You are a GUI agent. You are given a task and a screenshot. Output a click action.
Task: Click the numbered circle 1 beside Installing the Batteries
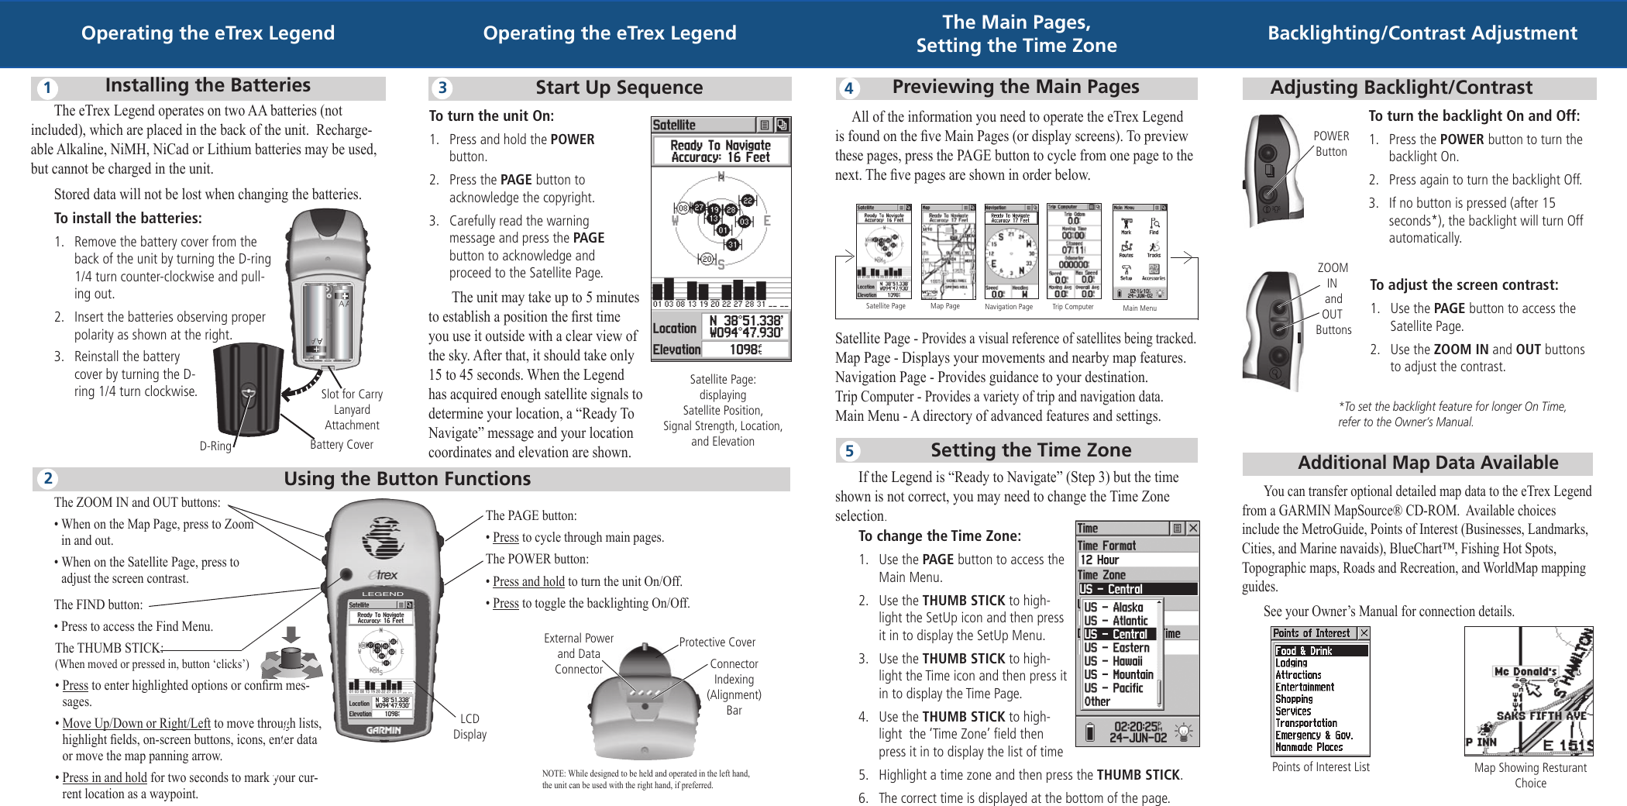click(x=47, y=88)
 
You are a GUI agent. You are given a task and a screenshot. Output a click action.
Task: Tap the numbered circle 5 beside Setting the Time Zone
click(x=849, y=451)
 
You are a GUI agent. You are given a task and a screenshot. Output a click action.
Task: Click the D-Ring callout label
click(x=215, y=446)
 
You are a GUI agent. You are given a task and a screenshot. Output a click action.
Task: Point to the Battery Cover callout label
click(x=342, y=444)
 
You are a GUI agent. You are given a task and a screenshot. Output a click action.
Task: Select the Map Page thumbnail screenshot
click(x=948, y=252)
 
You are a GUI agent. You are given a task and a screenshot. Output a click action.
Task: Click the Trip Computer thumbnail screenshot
click(x=1074, y=252)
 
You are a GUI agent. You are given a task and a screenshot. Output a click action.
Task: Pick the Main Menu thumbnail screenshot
click(x=1139, y=252)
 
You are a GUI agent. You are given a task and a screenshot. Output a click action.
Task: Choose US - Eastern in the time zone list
click(x=1116, y=647)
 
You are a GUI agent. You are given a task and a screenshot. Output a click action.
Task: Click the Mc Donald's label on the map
click(x=1525, y=671)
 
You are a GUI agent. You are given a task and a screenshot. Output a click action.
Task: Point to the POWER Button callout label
click(x=1331, y=143)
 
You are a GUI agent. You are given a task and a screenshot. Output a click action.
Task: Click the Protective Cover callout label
click(x=717, y=642)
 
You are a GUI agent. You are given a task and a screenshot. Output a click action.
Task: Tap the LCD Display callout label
click(x=470, y=726)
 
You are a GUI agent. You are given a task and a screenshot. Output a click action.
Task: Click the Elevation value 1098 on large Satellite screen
click(x=745, y=350)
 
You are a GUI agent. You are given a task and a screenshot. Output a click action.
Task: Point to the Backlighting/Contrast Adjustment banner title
click(x=1422, y=33)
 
